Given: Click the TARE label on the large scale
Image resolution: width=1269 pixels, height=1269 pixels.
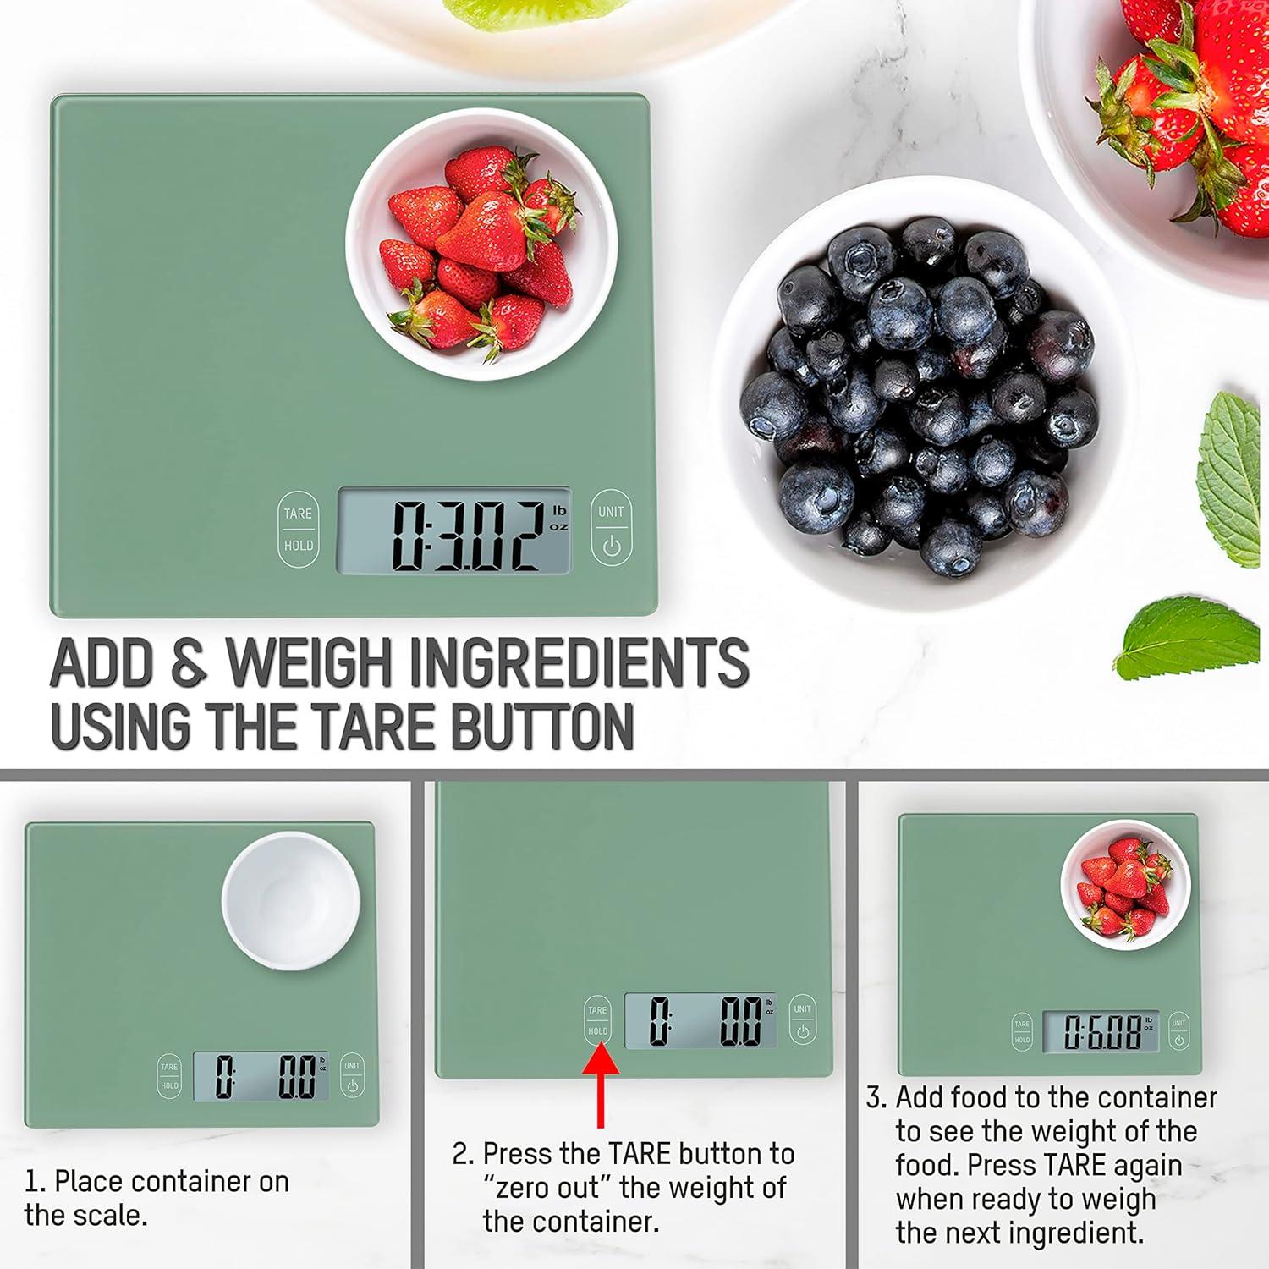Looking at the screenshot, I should (x=298, y=514).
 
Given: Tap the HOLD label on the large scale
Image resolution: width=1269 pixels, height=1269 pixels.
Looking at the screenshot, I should (x=298, y=546).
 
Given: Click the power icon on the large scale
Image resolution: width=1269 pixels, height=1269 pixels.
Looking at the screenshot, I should (x=611, y=547).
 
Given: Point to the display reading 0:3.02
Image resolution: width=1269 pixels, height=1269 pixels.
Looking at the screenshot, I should (x=454, y=531).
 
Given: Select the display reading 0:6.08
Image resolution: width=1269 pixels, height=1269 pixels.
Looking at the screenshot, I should (x=1100, y=1031).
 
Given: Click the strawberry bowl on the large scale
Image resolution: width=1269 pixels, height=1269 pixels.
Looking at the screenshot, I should (x=481, y=245).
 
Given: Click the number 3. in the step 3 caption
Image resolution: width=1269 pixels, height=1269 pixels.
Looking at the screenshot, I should (x=876, y=1097).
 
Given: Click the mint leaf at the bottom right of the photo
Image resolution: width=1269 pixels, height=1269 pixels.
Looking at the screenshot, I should (x=1189, y=639).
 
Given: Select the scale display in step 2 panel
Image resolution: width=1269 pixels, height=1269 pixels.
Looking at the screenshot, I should (x=700, y=1020).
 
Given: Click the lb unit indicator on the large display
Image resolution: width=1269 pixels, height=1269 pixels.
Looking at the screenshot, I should (x=558, y=510).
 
